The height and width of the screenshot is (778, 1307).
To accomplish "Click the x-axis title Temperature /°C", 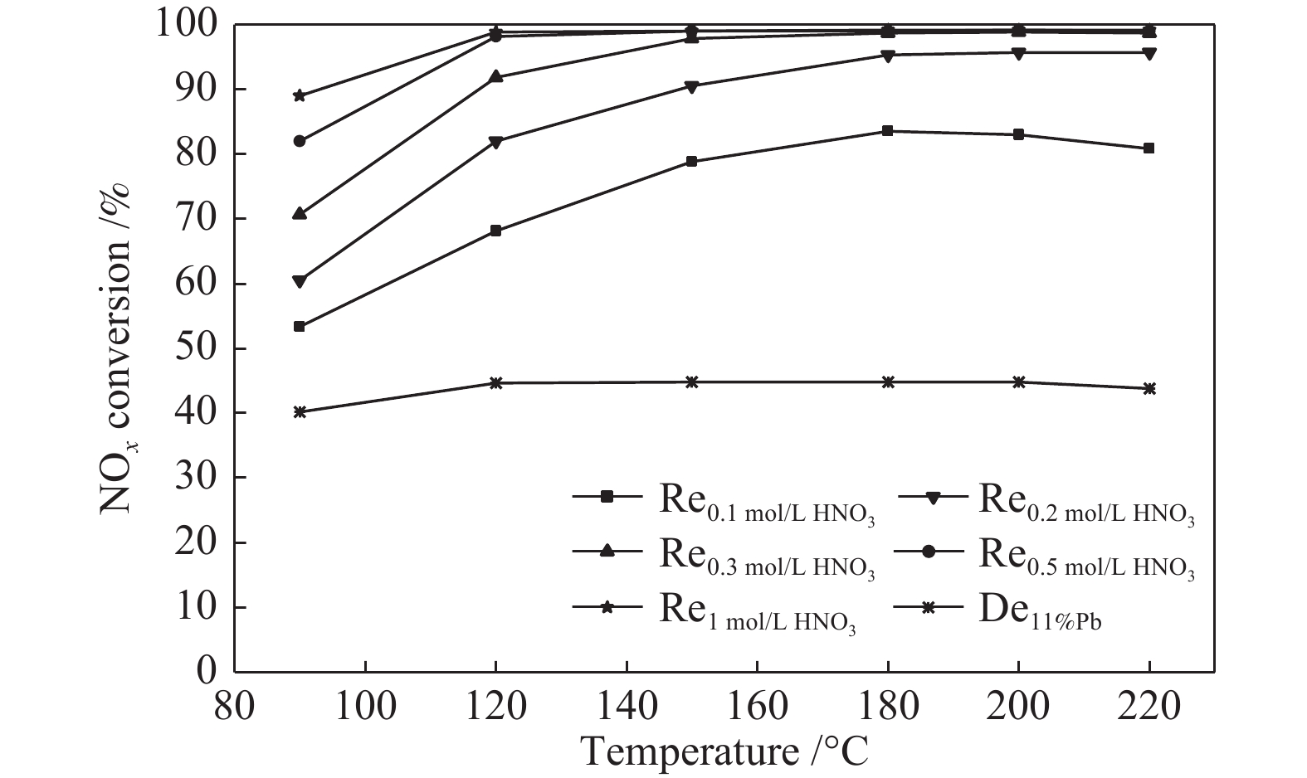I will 725,751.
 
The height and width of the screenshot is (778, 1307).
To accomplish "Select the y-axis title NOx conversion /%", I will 115,348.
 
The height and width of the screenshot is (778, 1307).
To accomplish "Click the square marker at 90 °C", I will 300,327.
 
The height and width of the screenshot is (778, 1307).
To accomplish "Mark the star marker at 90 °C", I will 300,96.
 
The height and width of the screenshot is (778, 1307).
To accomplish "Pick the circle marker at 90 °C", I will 300,141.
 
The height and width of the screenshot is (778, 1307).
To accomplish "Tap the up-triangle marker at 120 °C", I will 496,76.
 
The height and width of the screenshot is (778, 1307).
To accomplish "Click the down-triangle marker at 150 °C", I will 692,87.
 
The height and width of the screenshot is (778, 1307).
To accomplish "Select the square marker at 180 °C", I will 888,131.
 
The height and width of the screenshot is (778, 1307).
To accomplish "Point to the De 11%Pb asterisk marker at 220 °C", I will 1149,388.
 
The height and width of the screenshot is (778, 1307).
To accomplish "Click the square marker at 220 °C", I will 1149,148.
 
